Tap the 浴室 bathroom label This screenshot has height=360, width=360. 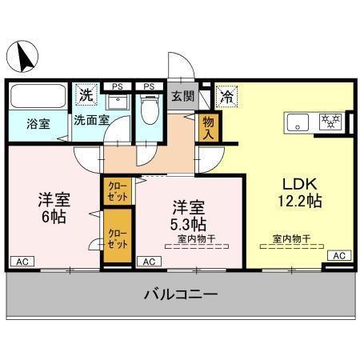pyautogui.click(x=38, y=124)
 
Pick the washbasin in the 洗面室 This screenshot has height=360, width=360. pyautogui.click(x=117, y=101)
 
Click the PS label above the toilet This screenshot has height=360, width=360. pyautogui.click(x=148, y=86)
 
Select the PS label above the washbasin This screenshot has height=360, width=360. pyautogui.click(x=117, y=86)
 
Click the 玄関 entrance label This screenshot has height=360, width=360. pyautogui.click(x=182, y=96)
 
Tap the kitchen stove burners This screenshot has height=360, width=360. pyautogui.click(x=330, y=122)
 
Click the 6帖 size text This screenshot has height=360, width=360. pyautogui.click(x=54, y=217)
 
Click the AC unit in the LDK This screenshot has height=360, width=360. pyautogui.click(x=339, y=255)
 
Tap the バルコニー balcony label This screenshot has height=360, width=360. pyautogui.click(x=180, y=294)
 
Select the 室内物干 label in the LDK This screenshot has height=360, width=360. pyautogui.click(x=292, y=238)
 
